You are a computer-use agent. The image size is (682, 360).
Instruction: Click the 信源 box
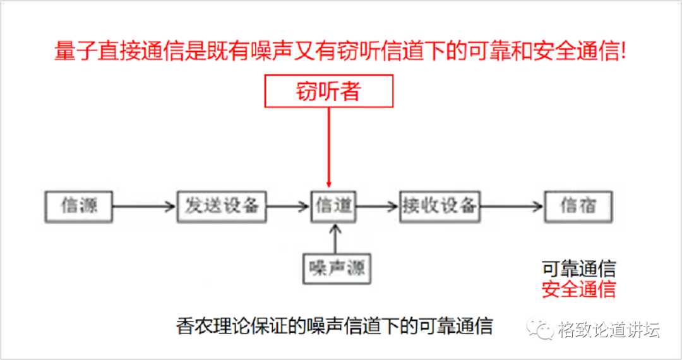tap(79, 205)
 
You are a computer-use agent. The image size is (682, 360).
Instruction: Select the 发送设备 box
tap(222, 205)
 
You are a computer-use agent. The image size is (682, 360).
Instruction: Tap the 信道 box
tap(334, 205)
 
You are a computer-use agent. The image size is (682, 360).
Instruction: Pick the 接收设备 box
tap(440, 205)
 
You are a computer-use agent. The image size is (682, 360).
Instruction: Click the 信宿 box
tap(578, 205)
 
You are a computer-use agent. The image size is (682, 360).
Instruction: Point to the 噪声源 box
tap(336, 269)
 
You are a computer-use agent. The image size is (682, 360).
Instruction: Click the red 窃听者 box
tap(328, 92)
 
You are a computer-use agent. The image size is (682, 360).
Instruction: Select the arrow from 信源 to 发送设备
tap(143, 206)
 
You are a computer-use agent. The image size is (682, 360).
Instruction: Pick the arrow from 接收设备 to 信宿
tap(512, 206)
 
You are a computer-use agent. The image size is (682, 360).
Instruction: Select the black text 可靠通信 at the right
tap(578, 268)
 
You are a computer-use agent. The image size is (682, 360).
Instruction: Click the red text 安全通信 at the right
tap(578, 289)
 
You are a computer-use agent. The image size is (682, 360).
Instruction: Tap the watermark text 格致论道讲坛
tap(609, 329)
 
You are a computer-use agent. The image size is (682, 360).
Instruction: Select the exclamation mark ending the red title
tap(623, 51)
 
